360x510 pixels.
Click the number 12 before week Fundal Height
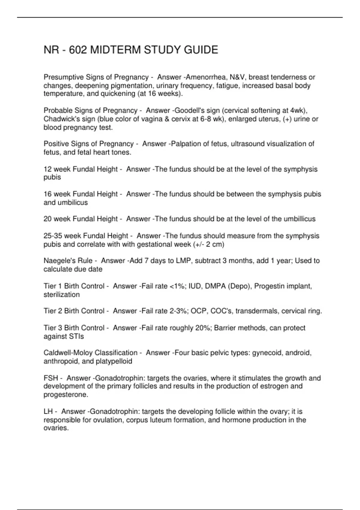point(47,169)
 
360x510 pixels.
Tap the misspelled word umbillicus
point(298,219)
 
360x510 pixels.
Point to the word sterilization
point(61,295)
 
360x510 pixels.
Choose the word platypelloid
point(114,361)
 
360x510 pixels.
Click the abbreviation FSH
point(51,378)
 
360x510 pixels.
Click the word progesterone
point(66,394)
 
